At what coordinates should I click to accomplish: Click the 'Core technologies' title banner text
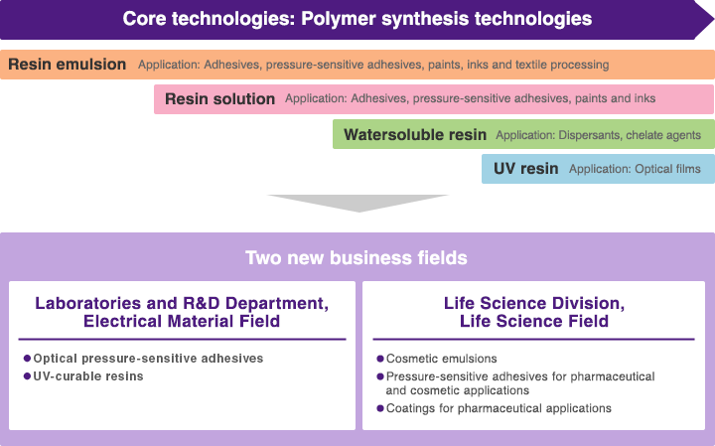click(x=357, y=19)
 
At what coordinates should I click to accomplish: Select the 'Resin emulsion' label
click(x=68, y=65)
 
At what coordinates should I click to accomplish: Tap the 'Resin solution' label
click(x=219, y=99)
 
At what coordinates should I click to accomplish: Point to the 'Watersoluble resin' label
click(x=415, y=134)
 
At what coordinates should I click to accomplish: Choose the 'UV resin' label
click(x=525, y=169)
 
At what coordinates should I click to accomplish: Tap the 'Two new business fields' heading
click(x=357, y=258)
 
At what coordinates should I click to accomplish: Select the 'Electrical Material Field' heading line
click(x=182, y=321)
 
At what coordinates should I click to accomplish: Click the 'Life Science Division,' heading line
click(x=534, y=303)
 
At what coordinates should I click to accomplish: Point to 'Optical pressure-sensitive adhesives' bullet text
click(x=148, y=359)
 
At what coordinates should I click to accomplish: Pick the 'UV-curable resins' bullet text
click(x=88, y=376)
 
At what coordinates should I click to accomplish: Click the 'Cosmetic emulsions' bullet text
click(x=441, y=359)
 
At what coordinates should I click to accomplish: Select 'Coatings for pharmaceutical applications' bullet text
click(x=499, y=408)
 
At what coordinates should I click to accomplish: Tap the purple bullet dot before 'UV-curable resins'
click(x=27, y=376)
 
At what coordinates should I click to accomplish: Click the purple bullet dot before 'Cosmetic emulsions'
click(x=380, y=359)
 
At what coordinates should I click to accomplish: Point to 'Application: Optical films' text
click(x=635, y=169)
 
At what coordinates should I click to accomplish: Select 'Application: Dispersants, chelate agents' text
click(x=598, y=135)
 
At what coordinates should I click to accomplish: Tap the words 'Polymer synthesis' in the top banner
click(x=384, y=19)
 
